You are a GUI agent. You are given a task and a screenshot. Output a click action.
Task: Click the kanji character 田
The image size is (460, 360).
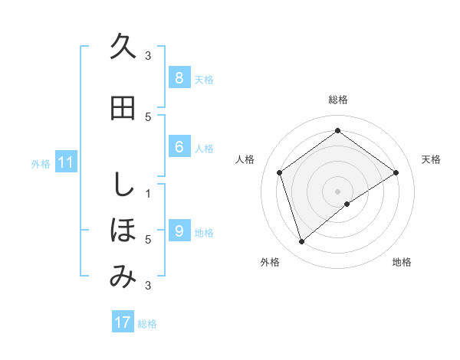point(123,108)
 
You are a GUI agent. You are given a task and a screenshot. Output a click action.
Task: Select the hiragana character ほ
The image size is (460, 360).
point(123,229)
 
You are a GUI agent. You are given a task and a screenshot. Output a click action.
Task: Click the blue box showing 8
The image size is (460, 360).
point(179,78)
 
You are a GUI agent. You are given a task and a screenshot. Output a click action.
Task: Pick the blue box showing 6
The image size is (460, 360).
point(179,147)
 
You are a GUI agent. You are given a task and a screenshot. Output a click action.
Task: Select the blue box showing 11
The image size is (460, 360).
point(66,162)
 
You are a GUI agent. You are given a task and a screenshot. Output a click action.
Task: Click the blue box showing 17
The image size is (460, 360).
point(123,322)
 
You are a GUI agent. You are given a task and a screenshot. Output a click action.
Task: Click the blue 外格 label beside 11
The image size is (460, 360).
point(41,163)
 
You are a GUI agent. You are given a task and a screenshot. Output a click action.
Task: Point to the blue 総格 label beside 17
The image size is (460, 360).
point(147,324)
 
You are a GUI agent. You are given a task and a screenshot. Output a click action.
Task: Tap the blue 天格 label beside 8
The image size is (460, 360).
point(204,80)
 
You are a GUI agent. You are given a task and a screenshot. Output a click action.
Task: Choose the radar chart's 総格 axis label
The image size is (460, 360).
point(338,100)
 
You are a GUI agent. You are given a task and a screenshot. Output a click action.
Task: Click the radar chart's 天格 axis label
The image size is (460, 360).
point(432,159)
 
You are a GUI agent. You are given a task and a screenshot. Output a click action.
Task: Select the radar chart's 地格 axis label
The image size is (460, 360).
point(402,262)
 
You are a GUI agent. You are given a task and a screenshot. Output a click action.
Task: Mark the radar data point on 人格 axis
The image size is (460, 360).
point(280,172)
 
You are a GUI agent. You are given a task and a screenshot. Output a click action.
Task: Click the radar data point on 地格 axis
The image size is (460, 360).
point(347,204)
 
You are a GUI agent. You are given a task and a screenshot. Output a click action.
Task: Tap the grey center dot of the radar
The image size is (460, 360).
point(337,190)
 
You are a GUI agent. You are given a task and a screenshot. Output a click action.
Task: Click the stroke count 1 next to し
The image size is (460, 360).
point(149,193)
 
